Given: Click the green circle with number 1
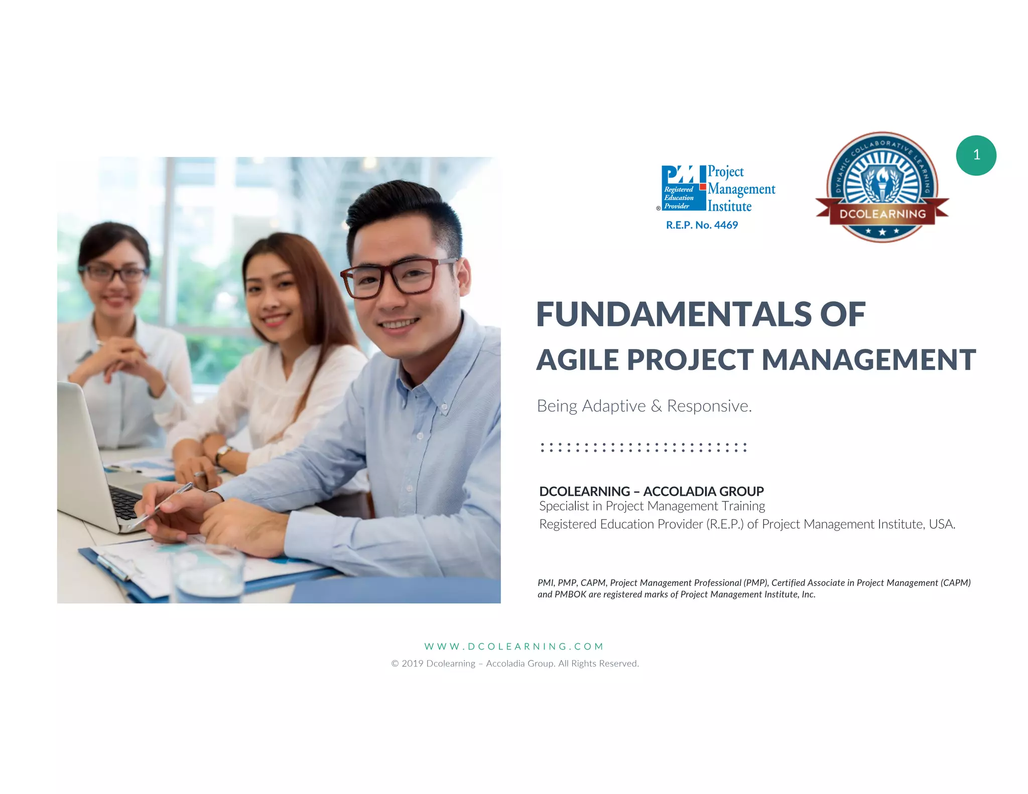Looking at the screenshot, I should (976, 155).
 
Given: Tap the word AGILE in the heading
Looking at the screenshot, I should (577, 360).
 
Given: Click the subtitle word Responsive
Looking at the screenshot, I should (709, 406).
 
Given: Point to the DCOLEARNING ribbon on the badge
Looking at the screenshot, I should (882, 214).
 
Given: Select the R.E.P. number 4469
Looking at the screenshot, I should (726, 225).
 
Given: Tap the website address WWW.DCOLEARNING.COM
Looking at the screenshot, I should (513, 646).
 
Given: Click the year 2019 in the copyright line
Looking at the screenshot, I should (412, 664).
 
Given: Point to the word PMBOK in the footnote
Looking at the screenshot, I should (570, 595).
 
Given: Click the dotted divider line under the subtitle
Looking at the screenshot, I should (644, 447).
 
